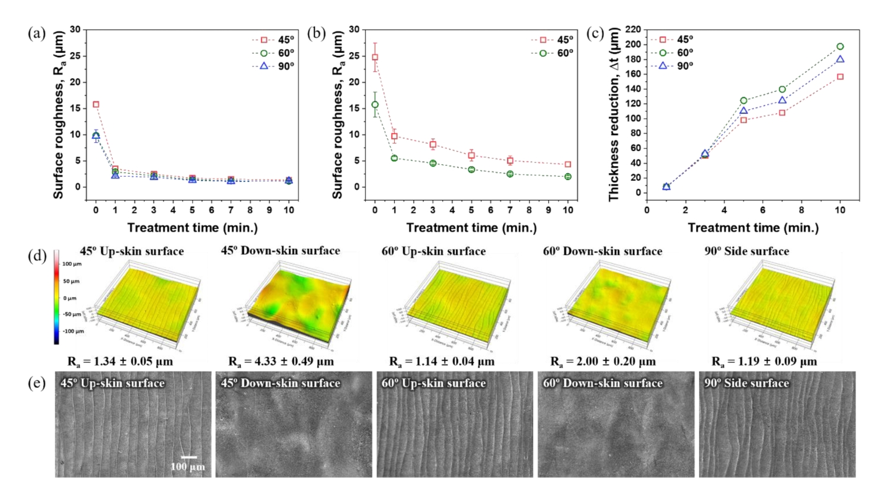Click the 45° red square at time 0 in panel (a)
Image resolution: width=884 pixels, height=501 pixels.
(x=96, y=104)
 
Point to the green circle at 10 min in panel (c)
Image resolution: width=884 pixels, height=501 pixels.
(x=840, y=46)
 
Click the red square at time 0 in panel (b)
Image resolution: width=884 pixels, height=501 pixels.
(x=375, y=58)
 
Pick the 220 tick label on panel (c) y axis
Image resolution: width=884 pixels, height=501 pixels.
(x=633, y=30)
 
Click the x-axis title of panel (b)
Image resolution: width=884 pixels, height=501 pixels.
(x=471, y=228)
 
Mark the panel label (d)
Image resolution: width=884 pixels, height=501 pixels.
(x=37, y=256)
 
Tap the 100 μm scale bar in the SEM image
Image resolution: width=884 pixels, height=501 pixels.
(x=189, y=457)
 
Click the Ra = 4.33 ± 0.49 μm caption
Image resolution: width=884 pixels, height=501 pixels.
(x=281, y=361)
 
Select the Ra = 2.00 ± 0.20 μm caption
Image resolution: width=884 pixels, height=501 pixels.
(x=603, y=361)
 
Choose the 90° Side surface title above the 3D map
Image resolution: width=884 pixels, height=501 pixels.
(x=746, y=251)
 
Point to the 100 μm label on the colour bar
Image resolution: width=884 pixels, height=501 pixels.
(x=72, y=264)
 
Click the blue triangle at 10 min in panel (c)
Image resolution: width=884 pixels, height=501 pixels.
(x=840, y=59)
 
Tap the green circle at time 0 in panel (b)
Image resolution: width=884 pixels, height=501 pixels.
(x=375, y=104)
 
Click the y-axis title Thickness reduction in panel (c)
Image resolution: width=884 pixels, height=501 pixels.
(x=614, y=114)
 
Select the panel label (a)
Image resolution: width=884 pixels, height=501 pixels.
(x=37, y=33)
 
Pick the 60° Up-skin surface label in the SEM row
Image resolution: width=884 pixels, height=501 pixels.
(x=433, y=384)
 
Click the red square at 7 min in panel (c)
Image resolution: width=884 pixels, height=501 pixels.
(x=782, y=112)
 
